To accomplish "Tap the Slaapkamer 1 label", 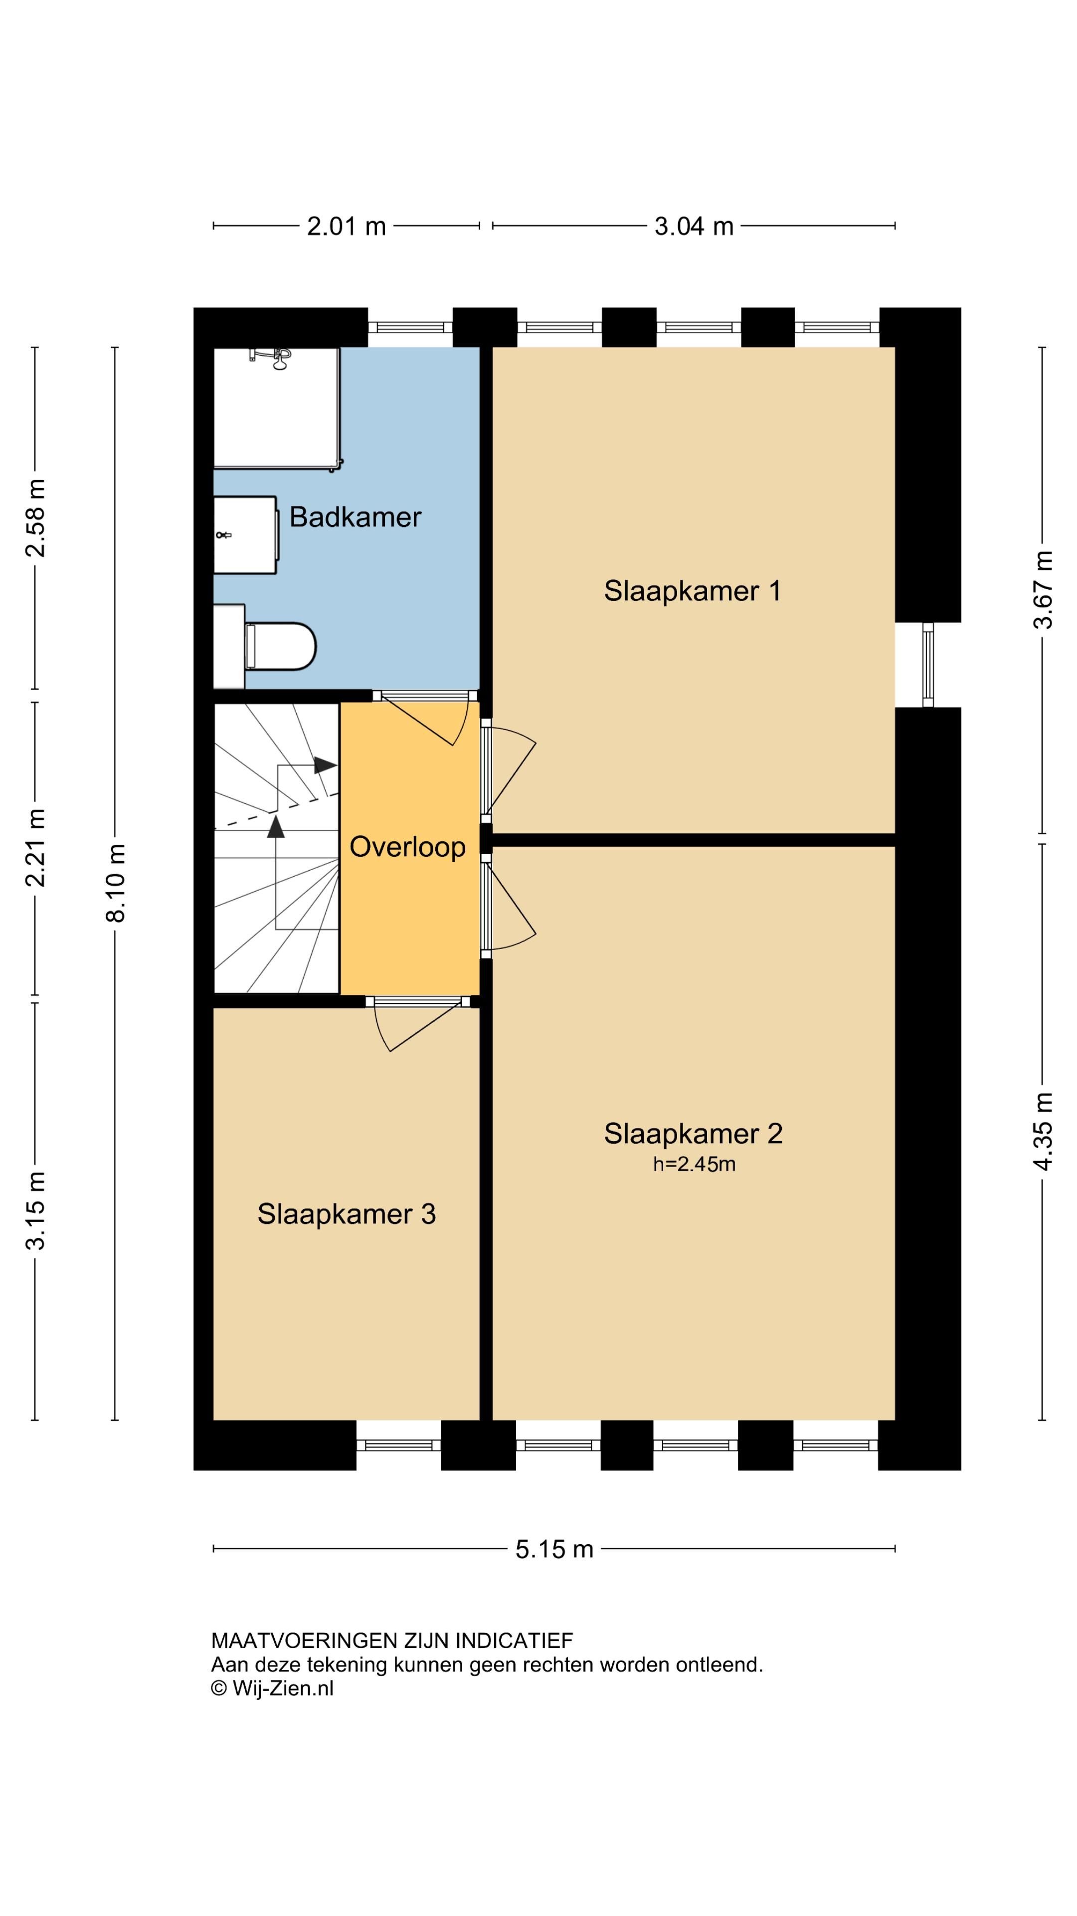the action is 692,591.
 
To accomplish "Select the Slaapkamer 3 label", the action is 347,1214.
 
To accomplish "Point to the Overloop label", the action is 407,846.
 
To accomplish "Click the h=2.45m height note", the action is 694,1164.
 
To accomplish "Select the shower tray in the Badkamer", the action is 277,408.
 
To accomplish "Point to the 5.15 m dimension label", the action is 554,1549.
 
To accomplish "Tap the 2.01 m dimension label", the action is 347,226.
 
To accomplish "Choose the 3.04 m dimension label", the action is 694,226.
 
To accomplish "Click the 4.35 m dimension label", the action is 1043,1131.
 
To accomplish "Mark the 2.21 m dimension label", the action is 35,848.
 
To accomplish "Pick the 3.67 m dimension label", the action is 1043,590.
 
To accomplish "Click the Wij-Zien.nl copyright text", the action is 272,1688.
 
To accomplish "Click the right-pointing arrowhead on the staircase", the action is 326,764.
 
